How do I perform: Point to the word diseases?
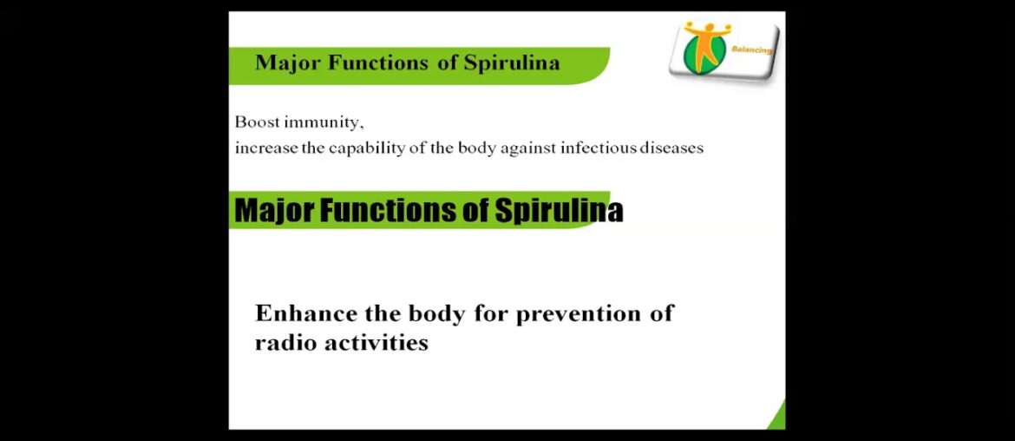(x=671, y=148)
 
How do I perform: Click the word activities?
(x=377, y=343)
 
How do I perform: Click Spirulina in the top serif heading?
(x=512, y=63)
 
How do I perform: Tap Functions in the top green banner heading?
(x=378, y=63)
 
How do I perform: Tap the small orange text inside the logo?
(x=752, y=50)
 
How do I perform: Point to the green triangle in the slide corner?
(x=777, y=418)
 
